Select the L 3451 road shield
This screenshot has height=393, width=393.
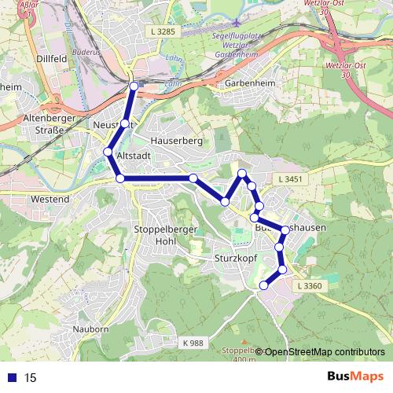tap(291, 181)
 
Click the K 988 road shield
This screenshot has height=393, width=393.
tap(192, 343)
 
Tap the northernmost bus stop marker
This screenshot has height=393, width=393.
tap(134, 86)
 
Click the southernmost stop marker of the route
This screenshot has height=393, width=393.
tap(263, 285)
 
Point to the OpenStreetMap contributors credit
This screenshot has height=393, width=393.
tap(325, 351)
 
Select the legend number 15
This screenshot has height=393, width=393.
tap(30, 377)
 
